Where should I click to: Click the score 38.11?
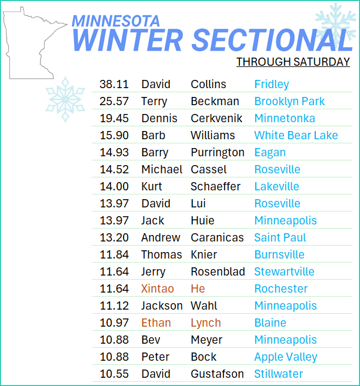click(114, 84)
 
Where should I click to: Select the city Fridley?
click(272, 85)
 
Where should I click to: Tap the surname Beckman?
click(215, 101)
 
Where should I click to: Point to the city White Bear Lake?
click(296, 135)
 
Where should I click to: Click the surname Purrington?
click(218, 153)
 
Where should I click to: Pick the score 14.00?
click(114, 186)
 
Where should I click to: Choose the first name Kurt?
click(152, 186)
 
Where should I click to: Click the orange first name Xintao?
click(158, 288)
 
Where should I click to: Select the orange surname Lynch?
click(206, 323)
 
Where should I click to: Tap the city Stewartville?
click(284, 271)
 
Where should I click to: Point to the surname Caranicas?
click(217, 237)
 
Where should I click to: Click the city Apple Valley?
click(286, 357)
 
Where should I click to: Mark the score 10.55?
click(114, 374)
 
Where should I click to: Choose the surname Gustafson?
click(217, 374)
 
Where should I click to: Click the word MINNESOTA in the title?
click(116, 21)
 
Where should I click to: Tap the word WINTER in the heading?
click(128, 40)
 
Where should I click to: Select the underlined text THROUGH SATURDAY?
click(293, 62)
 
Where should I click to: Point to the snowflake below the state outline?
click(65, 99)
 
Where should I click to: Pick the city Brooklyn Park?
click(289, 102)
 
